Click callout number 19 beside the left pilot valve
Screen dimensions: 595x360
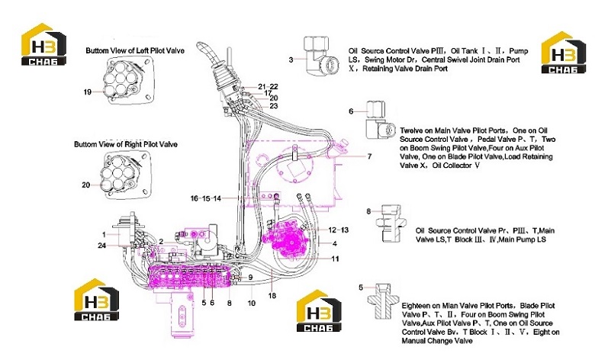87,92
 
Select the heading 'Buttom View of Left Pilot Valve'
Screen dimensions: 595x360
135,50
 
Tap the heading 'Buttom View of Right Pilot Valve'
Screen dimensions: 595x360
126,144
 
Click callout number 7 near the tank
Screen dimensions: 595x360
369,156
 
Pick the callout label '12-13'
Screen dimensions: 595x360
338,230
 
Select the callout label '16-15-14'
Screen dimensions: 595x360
206,198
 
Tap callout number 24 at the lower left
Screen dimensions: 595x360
101,246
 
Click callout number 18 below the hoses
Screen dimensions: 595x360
272,295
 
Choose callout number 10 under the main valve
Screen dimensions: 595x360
252,303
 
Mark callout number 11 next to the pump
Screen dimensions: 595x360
335,259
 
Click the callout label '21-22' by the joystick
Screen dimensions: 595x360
268,86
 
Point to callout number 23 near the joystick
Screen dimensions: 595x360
274,106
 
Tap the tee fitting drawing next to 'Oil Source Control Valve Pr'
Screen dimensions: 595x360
391,223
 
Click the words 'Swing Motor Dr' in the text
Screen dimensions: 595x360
391,59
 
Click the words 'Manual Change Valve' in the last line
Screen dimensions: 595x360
437,341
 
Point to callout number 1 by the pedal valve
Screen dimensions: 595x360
104,235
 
